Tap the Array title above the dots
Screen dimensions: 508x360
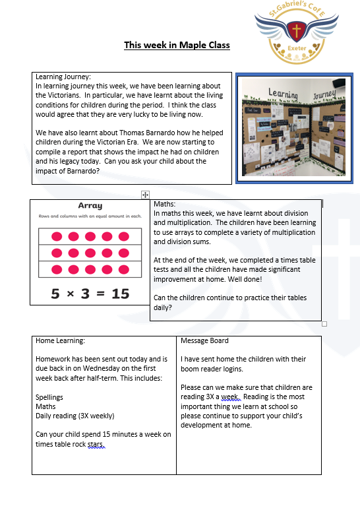[x=90, y=206]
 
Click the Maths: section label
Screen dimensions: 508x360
[x=165, y=205]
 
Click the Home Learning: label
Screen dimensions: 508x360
[x=61, y=341]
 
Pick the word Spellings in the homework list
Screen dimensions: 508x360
[x=49, y=398]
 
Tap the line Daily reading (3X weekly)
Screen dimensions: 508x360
[x=75, y=416]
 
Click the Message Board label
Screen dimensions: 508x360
[x=205, y=341]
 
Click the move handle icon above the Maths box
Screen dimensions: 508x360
[x=145, y=195]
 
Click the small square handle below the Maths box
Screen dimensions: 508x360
[x=324, y=324]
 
